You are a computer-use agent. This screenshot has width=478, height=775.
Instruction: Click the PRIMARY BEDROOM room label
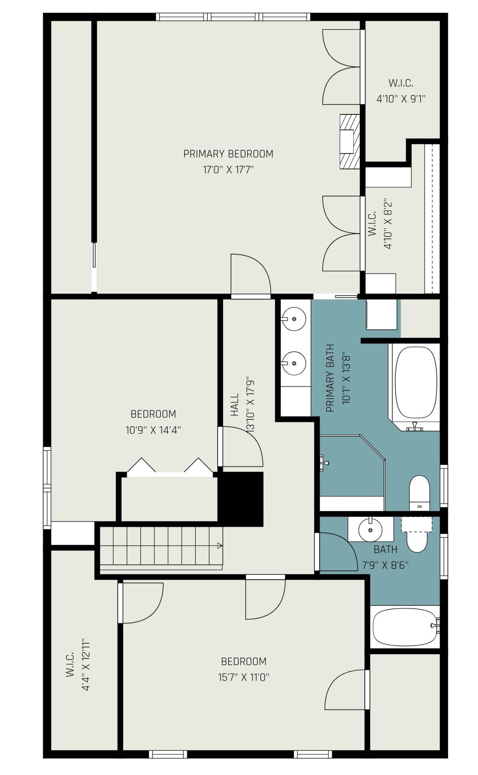(x=228, y=154)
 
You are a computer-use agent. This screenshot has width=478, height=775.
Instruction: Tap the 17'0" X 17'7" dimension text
(x=228, y=170)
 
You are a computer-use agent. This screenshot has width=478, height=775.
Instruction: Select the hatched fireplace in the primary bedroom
(x=350, y=142)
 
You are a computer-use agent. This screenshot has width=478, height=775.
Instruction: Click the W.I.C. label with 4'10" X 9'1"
(x=401, y=83)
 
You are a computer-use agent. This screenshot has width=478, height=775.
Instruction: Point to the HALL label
(x=234, y=405)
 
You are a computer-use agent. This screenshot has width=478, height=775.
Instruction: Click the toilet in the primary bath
(x=420, y=493)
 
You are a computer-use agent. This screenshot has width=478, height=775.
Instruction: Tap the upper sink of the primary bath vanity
(x=294, y=319)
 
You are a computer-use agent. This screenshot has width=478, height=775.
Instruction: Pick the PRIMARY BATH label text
(x=330, y=378)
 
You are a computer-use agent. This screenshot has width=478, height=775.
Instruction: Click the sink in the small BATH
(x=370, y=529)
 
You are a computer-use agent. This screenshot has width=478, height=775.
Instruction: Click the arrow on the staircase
(x=220, y=546)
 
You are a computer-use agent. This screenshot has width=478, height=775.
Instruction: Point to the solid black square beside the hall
(x=240, y=499)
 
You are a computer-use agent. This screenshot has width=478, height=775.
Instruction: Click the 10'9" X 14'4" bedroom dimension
(x=153, y=430)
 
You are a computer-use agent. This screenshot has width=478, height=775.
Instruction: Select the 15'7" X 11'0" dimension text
(x=244, y=677)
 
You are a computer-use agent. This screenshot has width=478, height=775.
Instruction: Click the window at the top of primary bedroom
(x=233, y=17)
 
